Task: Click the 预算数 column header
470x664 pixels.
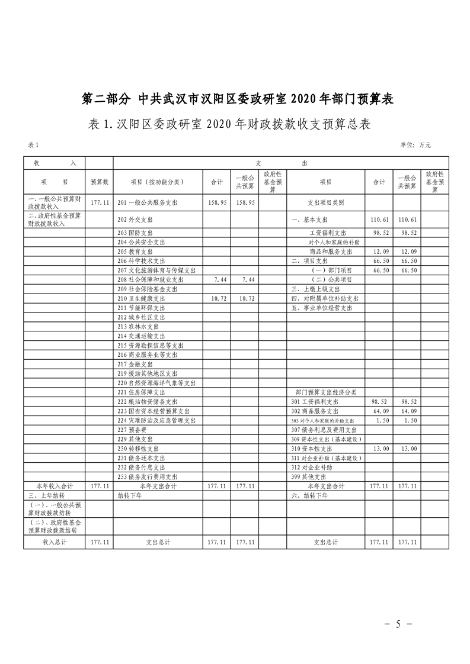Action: [99, 182]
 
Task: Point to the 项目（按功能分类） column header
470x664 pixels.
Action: [158, 182]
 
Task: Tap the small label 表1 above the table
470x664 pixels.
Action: [33, 144]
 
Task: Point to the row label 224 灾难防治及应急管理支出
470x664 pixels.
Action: [156, 420]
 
